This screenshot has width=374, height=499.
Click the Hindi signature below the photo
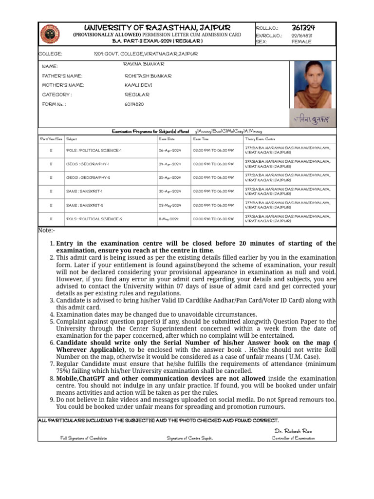tap(312, 118)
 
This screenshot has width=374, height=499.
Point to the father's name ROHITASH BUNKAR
tap(148, 76)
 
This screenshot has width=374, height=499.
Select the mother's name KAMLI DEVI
tap(138, 85)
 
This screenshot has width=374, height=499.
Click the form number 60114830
tap(134, 104)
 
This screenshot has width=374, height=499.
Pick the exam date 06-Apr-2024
tap(169, 151)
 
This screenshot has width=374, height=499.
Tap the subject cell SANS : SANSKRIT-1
tap(84, 192)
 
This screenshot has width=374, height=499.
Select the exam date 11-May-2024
tap(169, 219)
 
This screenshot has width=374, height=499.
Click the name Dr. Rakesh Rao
tap(293, 431)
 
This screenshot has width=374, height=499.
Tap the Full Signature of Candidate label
tap(84, 438)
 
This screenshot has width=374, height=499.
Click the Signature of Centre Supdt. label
tap(189, 438)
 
